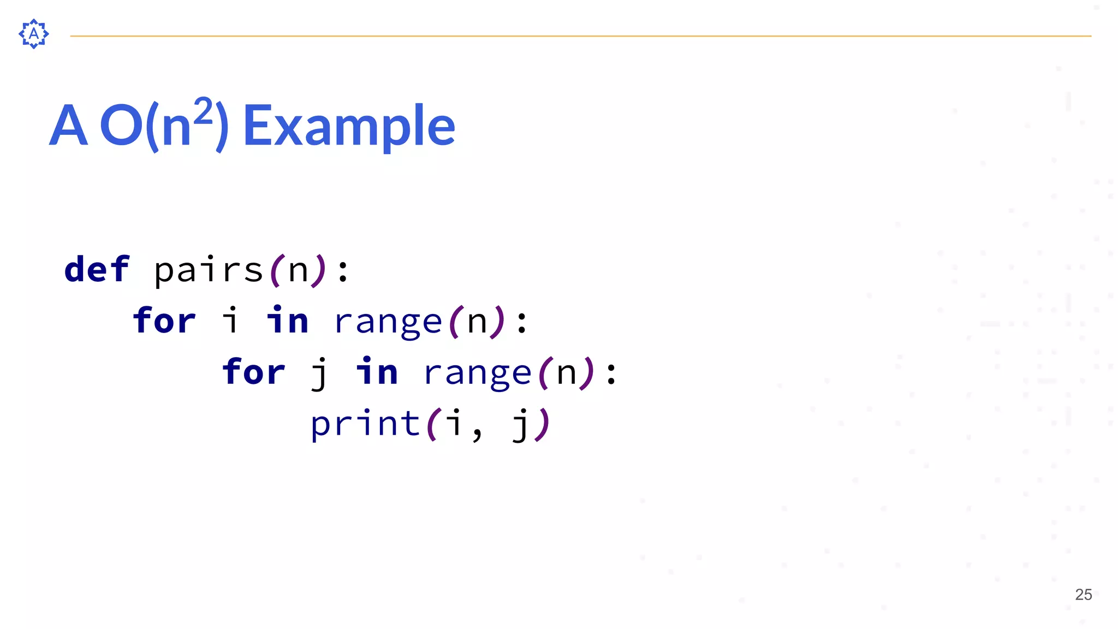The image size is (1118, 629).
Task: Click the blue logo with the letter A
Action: (34, 34)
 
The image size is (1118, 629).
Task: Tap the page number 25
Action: (1083, 595)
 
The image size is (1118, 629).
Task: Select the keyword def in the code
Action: (97, 269)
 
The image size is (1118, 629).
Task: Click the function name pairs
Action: (209, 269)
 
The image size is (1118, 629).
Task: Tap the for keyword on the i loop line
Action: (164, 321)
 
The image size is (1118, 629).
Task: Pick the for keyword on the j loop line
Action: (253, 372)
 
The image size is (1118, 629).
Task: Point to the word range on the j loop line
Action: (477, 373)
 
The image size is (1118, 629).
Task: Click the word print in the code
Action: (365, 424)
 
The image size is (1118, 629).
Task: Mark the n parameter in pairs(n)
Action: (298, 270)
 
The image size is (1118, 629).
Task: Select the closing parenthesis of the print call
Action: (543, 424)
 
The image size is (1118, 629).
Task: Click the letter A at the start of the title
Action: (68, 126)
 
